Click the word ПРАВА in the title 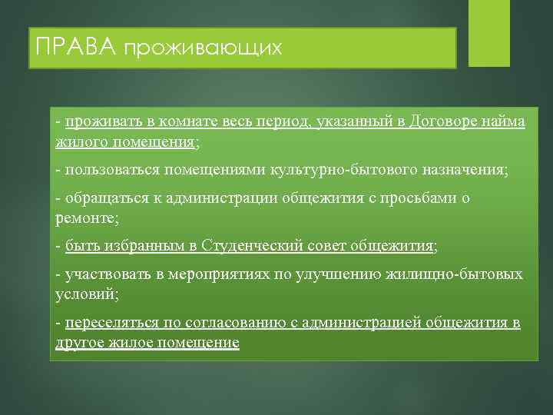(72, 48)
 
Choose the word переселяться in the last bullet (109, 323)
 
